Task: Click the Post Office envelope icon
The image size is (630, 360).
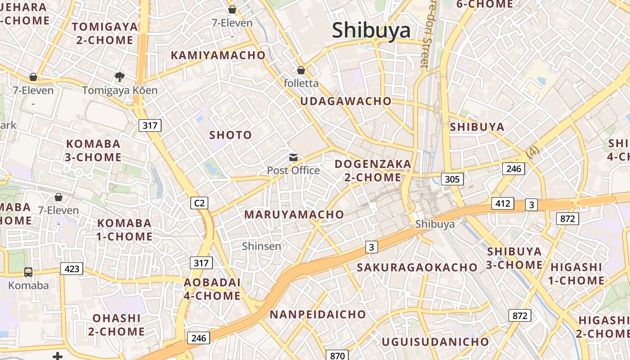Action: click(293, 157)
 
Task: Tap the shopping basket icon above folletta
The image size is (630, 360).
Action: click(301, 70)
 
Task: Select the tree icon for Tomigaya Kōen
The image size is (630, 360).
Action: click(119, 77)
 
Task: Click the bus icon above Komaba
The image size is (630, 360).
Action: click(28, 272)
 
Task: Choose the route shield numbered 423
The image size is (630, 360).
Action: click(72, 269)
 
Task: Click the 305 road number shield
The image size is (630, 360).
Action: click(452, 179)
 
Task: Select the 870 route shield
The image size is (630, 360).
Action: click(337, 355)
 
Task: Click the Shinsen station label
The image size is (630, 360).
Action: click(261, 246)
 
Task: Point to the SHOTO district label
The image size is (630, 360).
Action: click(230, 135)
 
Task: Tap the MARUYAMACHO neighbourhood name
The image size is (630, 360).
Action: click(294, 215)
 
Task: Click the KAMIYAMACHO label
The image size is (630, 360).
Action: click(218, 55)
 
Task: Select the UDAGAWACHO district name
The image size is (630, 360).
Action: click(346, 101)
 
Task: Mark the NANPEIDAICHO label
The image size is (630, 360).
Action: click(318, 315)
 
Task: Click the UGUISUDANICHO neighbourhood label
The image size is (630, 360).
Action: click(435, 342)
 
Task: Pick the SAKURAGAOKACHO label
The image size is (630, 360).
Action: click(417, 267)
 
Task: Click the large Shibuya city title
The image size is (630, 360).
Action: click(371, 30)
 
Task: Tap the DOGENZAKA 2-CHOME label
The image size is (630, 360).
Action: click(373, 171)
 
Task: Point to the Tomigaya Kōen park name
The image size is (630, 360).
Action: click(120, 90)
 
